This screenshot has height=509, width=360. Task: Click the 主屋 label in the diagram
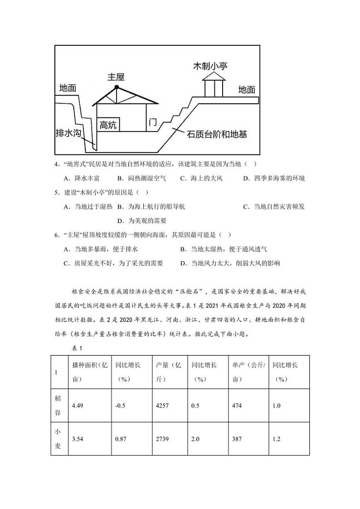coord(116,77)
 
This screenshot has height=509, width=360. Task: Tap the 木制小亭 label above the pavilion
coord(210,66)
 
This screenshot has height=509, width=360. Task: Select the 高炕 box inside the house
coord(108,125)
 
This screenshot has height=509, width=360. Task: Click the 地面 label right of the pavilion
coord(247,90)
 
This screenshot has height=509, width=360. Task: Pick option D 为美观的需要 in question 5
coord(141,221)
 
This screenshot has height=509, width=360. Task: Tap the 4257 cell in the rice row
coord(162,406)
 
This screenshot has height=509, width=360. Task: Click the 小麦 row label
coord(58,439)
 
